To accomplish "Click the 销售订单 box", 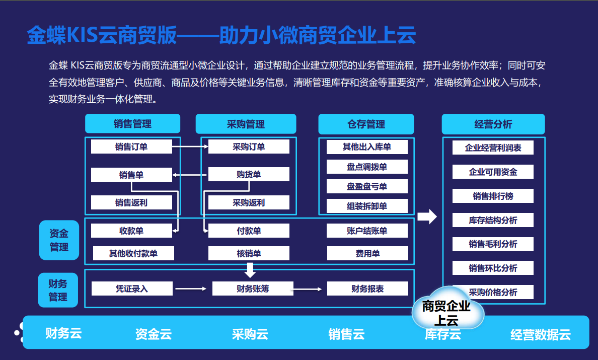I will [x=131, y=147].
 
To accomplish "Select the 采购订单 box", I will [x=249, y=147].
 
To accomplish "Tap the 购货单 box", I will [x=249, y=174].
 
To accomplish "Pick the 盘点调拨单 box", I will [x=367, y=167].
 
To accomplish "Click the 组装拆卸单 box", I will [x=367, y=206].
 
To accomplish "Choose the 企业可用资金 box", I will [x=493, y=172].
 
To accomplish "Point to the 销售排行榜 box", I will [x=493, y=196].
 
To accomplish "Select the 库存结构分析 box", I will [x=493, y=220].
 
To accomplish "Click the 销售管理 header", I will [x=132, y=124].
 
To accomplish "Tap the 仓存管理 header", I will [x=366, y=124].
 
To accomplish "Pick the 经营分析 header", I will [x=493, y=124].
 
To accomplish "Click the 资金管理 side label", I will [x=59, y=240].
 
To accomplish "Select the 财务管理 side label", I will [x=58, y=290].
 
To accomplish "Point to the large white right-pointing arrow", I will [x=427, y=217].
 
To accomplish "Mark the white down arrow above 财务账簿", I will [x=250, y=270].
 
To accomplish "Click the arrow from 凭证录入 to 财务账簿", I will [x=191, y=289].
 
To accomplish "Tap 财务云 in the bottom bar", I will [x=63, y=333].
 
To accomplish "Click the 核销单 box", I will [x=249, y=253].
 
